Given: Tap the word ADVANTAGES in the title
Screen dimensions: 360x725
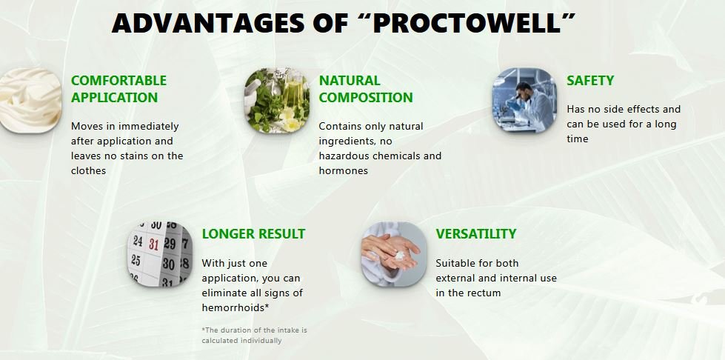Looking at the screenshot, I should pos(201,24).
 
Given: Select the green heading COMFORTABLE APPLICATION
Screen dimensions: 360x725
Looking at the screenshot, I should pos(118,89).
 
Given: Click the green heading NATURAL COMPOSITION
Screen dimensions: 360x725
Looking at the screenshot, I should pos(366,89).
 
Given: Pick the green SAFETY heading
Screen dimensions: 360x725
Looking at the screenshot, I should pos(590,80).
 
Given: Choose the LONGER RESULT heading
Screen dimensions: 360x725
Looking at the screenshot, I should pos(253,233).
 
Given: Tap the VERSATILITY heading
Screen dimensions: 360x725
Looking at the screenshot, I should pos(475,233).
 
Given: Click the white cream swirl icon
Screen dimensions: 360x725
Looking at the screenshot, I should pos(28,100).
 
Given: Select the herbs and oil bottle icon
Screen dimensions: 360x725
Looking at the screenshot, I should pos(276,100).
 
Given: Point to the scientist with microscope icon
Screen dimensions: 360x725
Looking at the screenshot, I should pos(524,100).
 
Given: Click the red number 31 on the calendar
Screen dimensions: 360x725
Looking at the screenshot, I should pos(153,243).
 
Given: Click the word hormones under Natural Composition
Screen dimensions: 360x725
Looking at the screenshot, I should pos(344,170).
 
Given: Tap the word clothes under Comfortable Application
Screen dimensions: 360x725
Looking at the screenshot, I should pos(89,170).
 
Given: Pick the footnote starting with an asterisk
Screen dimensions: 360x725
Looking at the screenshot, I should pos(254,335).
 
